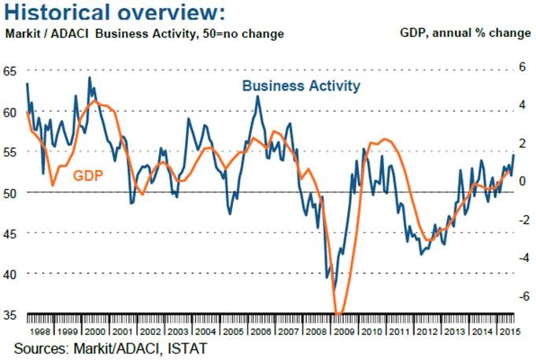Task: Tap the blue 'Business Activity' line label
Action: (301, 85)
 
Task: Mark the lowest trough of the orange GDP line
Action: (338, 314)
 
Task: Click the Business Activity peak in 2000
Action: (89, 77)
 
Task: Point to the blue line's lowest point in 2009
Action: (334, 288)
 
